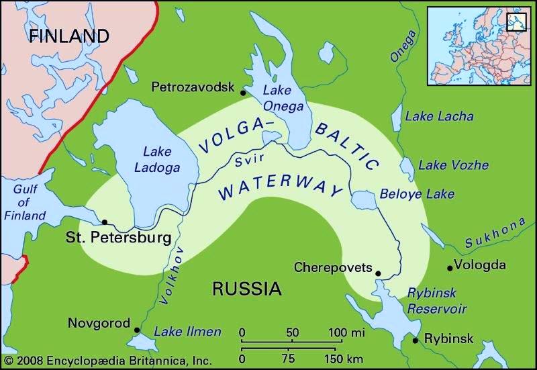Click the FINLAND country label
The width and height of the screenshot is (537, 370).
[69, 36]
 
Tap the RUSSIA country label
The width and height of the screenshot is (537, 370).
[246, 289]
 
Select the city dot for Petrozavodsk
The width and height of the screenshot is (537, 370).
[243, 93]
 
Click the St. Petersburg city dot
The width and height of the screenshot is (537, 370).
[104, 222]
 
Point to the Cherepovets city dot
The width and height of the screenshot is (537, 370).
[378, 273]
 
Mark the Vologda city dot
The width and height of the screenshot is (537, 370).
[450, 268]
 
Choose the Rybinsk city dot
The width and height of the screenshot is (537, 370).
[416, 340]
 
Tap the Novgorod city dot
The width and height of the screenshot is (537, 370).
[137, 330]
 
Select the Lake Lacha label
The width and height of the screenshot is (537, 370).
[439, 116]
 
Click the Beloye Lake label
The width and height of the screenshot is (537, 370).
[417, 194]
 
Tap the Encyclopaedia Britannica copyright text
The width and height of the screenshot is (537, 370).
[107, 360]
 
